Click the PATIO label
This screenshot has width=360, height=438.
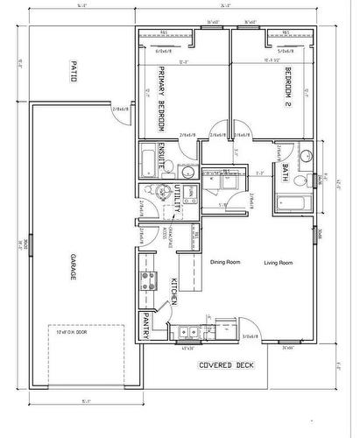[x=75, y=70]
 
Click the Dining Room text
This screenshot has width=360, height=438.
[x=225, y=262]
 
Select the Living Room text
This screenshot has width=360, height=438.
[x=279, y=262]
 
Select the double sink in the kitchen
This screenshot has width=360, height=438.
[x=187, y=332]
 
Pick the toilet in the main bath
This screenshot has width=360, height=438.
[x=300, y=180]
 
